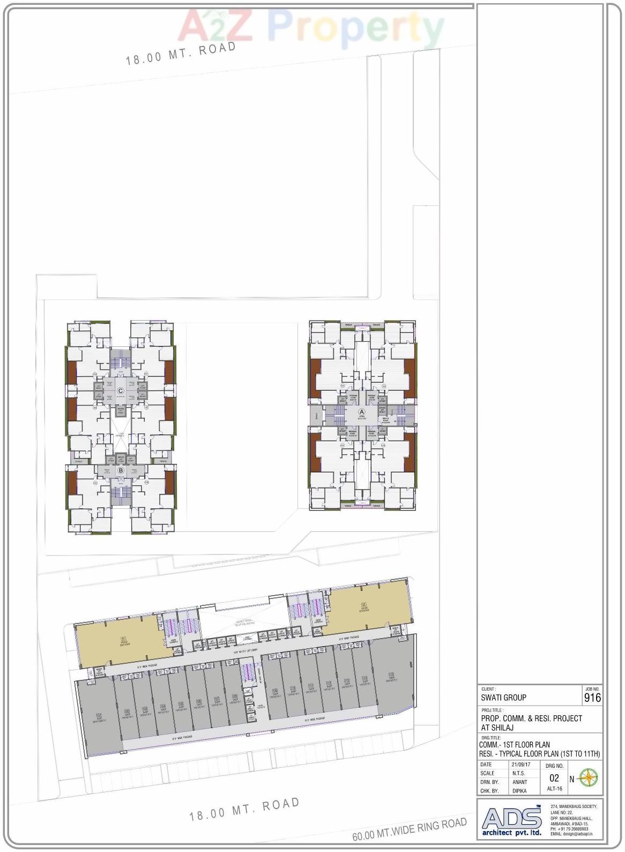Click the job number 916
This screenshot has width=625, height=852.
(x=592, y=698)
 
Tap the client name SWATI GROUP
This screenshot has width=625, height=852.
(x=503, y=698)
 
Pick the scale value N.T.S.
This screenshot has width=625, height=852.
(x=518, y=773)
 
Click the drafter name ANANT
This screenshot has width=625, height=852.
(x=519, y=782)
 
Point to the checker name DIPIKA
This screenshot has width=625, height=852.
(x=519, y=791)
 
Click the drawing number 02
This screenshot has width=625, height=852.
(x=554, y=778)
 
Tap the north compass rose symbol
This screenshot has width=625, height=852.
(x=589, y=777)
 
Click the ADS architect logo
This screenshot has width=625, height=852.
(x=512, y=820)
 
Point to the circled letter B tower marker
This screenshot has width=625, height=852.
(x=121, y=471)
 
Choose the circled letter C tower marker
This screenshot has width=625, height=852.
(x=121, y=391)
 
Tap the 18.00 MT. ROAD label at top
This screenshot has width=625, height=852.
(x=181, y=53)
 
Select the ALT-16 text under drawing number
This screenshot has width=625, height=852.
(x=554, y=789)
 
